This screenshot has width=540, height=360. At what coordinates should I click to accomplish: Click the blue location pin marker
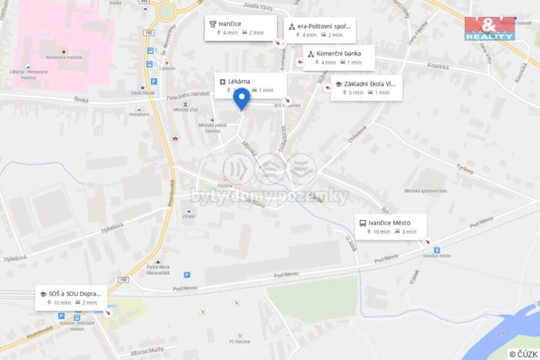(x=242, y=99)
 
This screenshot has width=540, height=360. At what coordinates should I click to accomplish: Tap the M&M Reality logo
(x=489, y=28)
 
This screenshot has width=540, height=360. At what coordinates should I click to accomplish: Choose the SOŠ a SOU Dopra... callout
(x=72, y=298)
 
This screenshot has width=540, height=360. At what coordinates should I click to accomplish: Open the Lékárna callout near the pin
(x=250, y=85)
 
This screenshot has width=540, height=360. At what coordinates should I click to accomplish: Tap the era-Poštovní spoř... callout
(x=319, y=30)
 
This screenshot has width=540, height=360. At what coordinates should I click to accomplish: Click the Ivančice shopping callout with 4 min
(x=235, y=28)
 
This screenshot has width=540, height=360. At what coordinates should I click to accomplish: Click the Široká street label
(x=82, y=99)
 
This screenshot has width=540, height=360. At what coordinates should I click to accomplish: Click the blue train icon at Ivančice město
(x=437, y=249)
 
